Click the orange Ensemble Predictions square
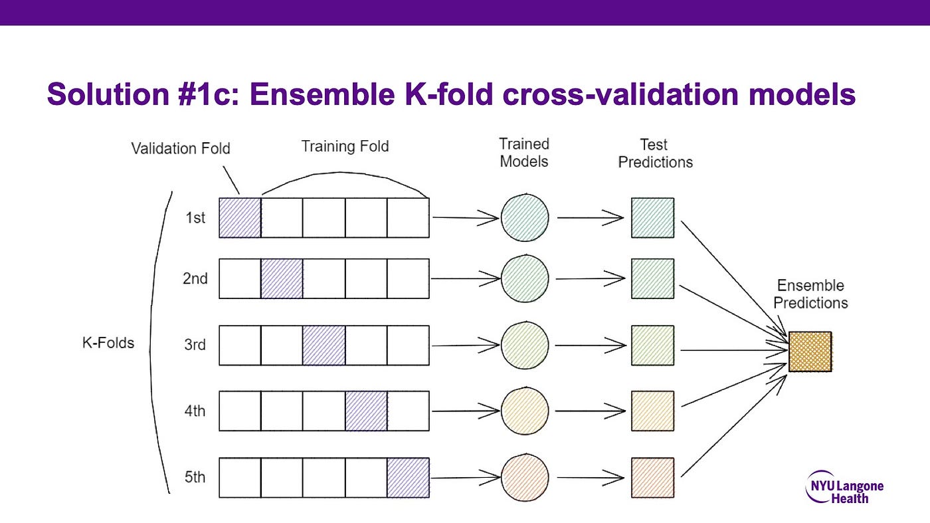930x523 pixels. pos(810,352)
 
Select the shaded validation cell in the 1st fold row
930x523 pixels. pos(240,218)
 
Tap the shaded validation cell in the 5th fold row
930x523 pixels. pos(408,478)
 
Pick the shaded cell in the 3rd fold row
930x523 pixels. pos(324,345)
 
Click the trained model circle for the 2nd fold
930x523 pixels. pos(525,278)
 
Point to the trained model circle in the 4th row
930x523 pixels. pos(525,411)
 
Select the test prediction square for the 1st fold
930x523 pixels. pos(652,218)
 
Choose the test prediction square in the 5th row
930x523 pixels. pos(652,478)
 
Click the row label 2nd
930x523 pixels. pos(195,278)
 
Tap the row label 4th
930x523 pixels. pos(195,411)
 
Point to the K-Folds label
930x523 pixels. pos(108,343)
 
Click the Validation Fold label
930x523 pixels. pos(181,148)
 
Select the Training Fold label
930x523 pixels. pos(345,146)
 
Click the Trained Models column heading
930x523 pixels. pos(524,152)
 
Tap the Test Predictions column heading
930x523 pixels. pos(655,154)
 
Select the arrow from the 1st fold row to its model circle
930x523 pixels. pos(466,218)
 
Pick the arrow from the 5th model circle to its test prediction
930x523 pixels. pos(591,478)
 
